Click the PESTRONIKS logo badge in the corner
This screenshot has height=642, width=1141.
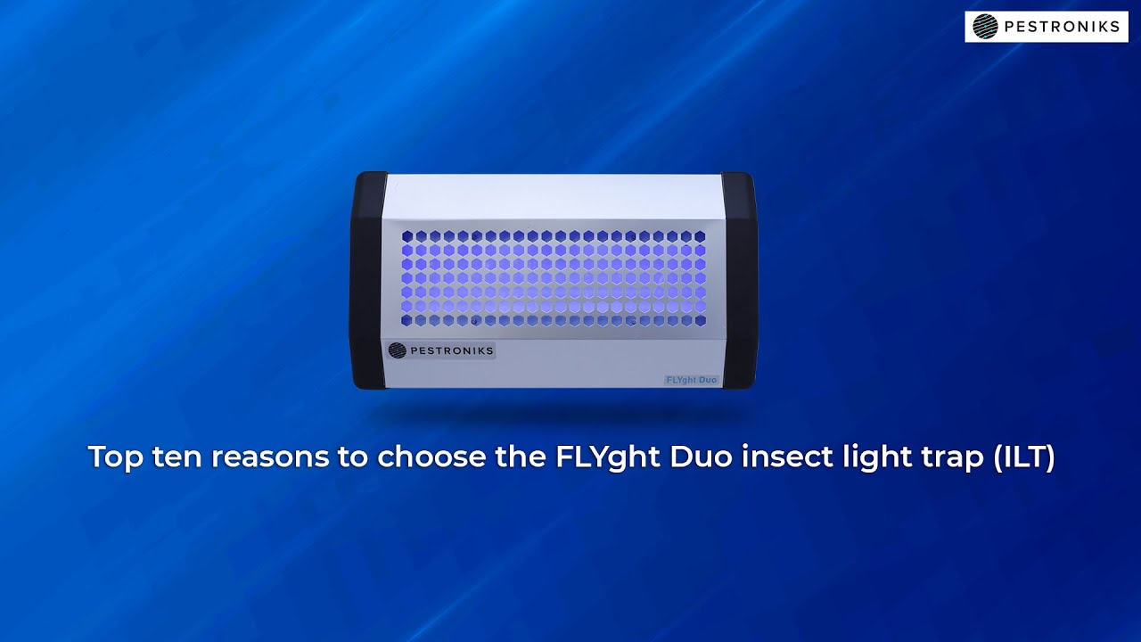(1046, 27)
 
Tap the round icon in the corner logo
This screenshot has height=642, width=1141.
(985, 27)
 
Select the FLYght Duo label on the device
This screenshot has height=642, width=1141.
(692, 380)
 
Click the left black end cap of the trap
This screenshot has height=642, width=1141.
(368, 280)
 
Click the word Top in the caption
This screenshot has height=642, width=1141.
(115, 457)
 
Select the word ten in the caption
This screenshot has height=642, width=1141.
(178, 457)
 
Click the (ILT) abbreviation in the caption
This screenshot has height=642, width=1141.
(1025, 457)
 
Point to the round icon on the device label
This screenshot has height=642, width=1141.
(398, 350)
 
